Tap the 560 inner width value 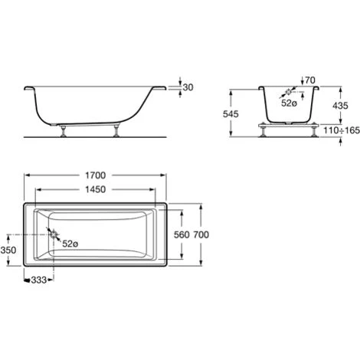click(180, 234)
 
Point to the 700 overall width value click(201, 234)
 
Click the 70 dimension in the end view click(310, 80)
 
